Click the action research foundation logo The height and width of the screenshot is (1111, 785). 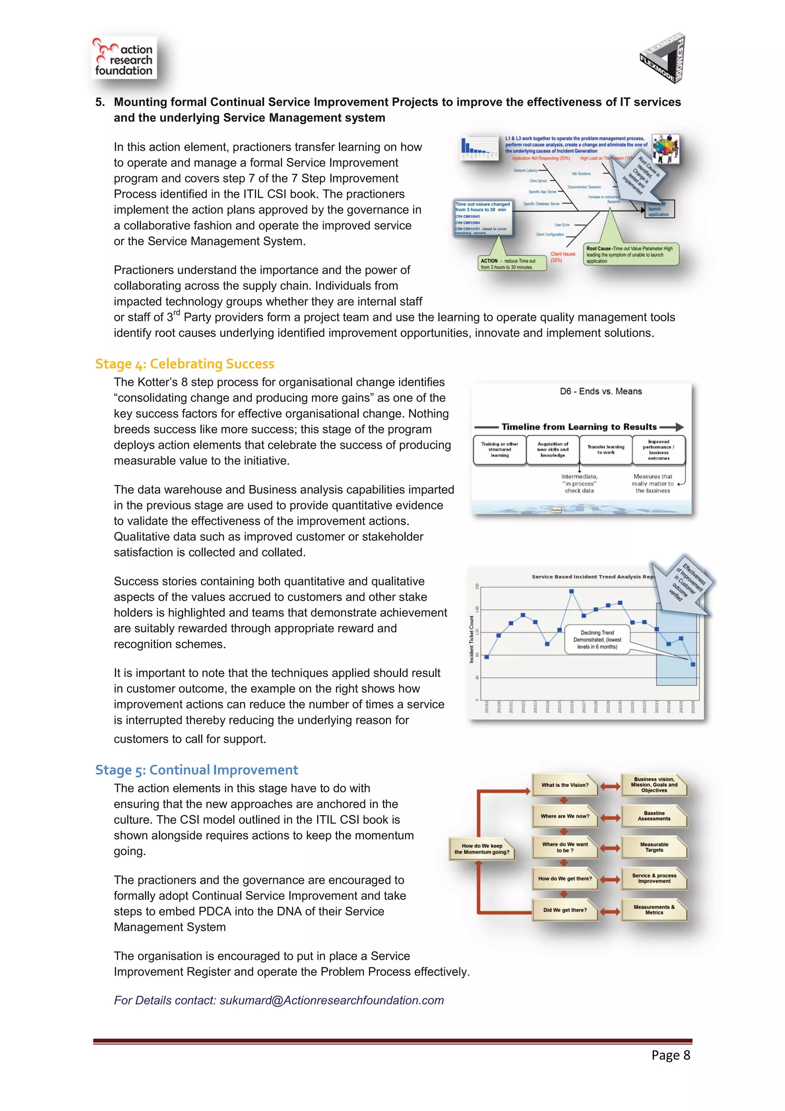tap(124, 59)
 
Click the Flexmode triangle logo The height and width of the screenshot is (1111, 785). tap(663, 59)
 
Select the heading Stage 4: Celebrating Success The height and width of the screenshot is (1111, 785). tap(185, 363)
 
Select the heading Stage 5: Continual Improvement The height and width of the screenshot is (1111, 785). tap(196, 769)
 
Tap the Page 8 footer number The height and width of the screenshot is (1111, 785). tap(670, 1055)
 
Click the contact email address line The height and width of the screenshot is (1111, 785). tap(279, 1000)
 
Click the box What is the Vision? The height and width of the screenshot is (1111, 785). tap(565, 785)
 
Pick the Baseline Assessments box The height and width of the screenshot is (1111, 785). tap(654, 816)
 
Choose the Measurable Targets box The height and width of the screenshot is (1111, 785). tap(654, 847)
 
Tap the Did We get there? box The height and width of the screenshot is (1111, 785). tap(565, 910)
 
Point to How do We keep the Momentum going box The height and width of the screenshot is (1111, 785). tap(481, 849)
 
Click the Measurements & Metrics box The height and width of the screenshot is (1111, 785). tap(654, 910)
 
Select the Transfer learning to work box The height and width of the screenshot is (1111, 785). tap(606, 450)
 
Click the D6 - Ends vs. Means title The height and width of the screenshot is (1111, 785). tap(601, 391)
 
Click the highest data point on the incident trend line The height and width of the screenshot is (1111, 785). tap(571, 591)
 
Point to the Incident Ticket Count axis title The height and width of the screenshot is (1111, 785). tap(471, 639)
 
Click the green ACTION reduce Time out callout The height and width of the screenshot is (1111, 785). tap(511, 263)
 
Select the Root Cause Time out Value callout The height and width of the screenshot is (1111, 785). tap(630, 255)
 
